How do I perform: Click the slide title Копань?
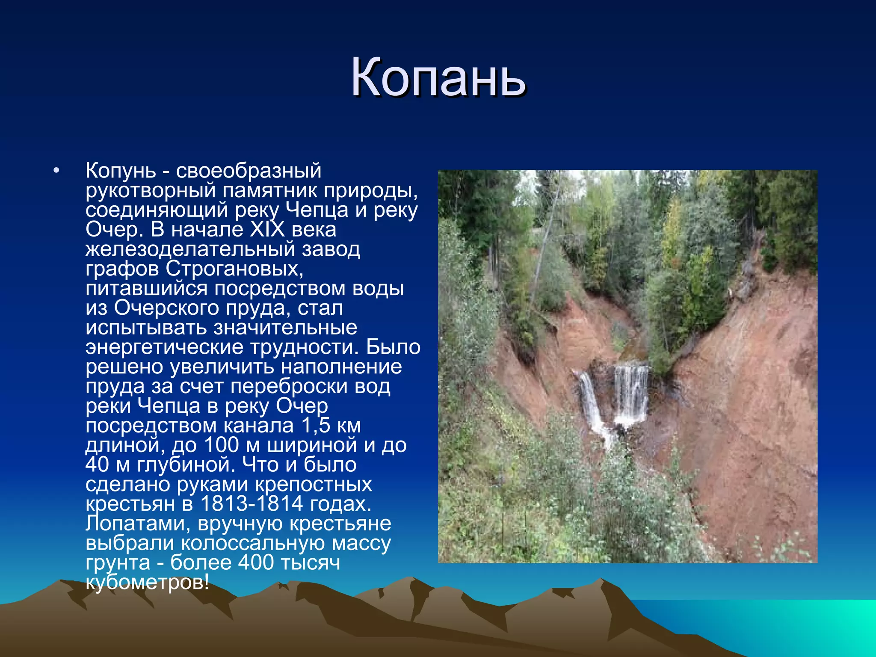click(x=438, y=78)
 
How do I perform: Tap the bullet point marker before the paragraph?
click(x=56, y=171)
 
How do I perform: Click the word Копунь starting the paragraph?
click(x=121, y=171)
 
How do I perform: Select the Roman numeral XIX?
click(x=267, y=230)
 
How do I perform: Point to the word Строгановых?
click(x=234, y=269)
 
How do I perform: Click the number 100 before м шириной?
click(x=221, y=445)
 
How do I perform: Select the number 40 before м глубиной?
click(x=98, y=465)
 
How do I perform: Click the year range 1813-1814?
click(x=252, y=504)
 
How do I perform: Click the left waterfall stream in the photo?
click(x=590, y=402)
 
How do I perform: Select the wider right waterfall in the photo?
click(x=631, y=394)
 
